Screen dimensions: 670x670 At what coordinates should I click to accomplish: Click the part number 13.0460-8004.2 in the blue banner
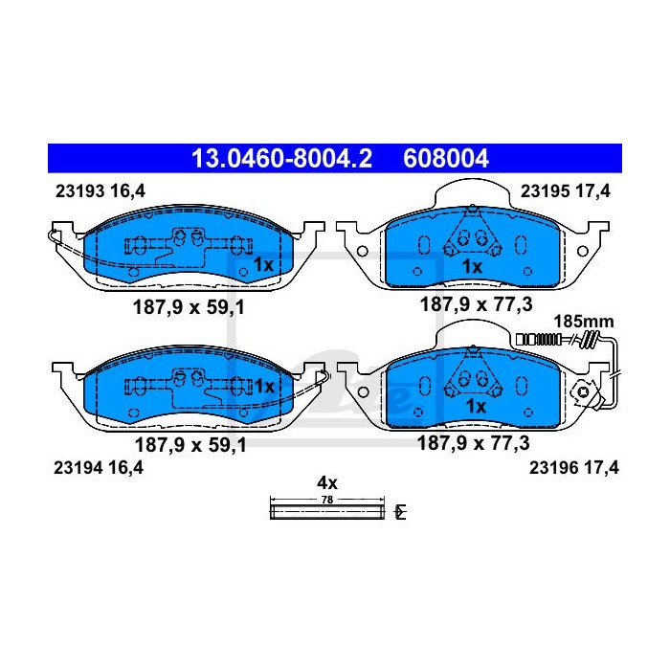pyautogui.click(x=281, y=159)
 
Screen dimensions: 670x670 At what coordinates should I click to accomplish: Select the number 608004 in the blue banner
pyautogui.click(x=445, y=159)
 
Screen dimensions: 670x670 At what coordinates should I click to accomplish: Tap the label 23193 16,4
pyautogui.click(x=100, y=191)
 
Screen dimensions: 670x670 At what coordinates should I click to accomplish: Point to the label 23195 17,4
pyautogui.click(x=566, y=191)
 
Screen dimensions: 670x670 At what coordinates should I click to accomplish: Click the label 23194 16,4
pyautogui.click(x=99, y=468)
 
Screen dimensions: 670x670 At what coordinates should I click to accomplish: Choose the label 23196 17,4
pyautogui.click(x=574, y=468)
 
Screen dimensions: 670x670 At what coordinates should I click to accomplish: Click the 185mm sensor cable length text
pyautogui.click(x=584, y=321)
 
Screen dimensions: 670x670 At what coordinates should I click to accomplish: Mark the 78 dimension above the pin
pyautogui.click(x=327, y=500)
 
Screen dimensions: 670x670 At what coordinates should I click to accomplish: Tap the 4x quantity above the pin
pyautogui.click(x=327, y=482)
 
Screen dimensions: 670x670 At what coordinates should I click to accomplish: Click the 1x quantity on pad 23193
pyautogui.click(x=263, y=265)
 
